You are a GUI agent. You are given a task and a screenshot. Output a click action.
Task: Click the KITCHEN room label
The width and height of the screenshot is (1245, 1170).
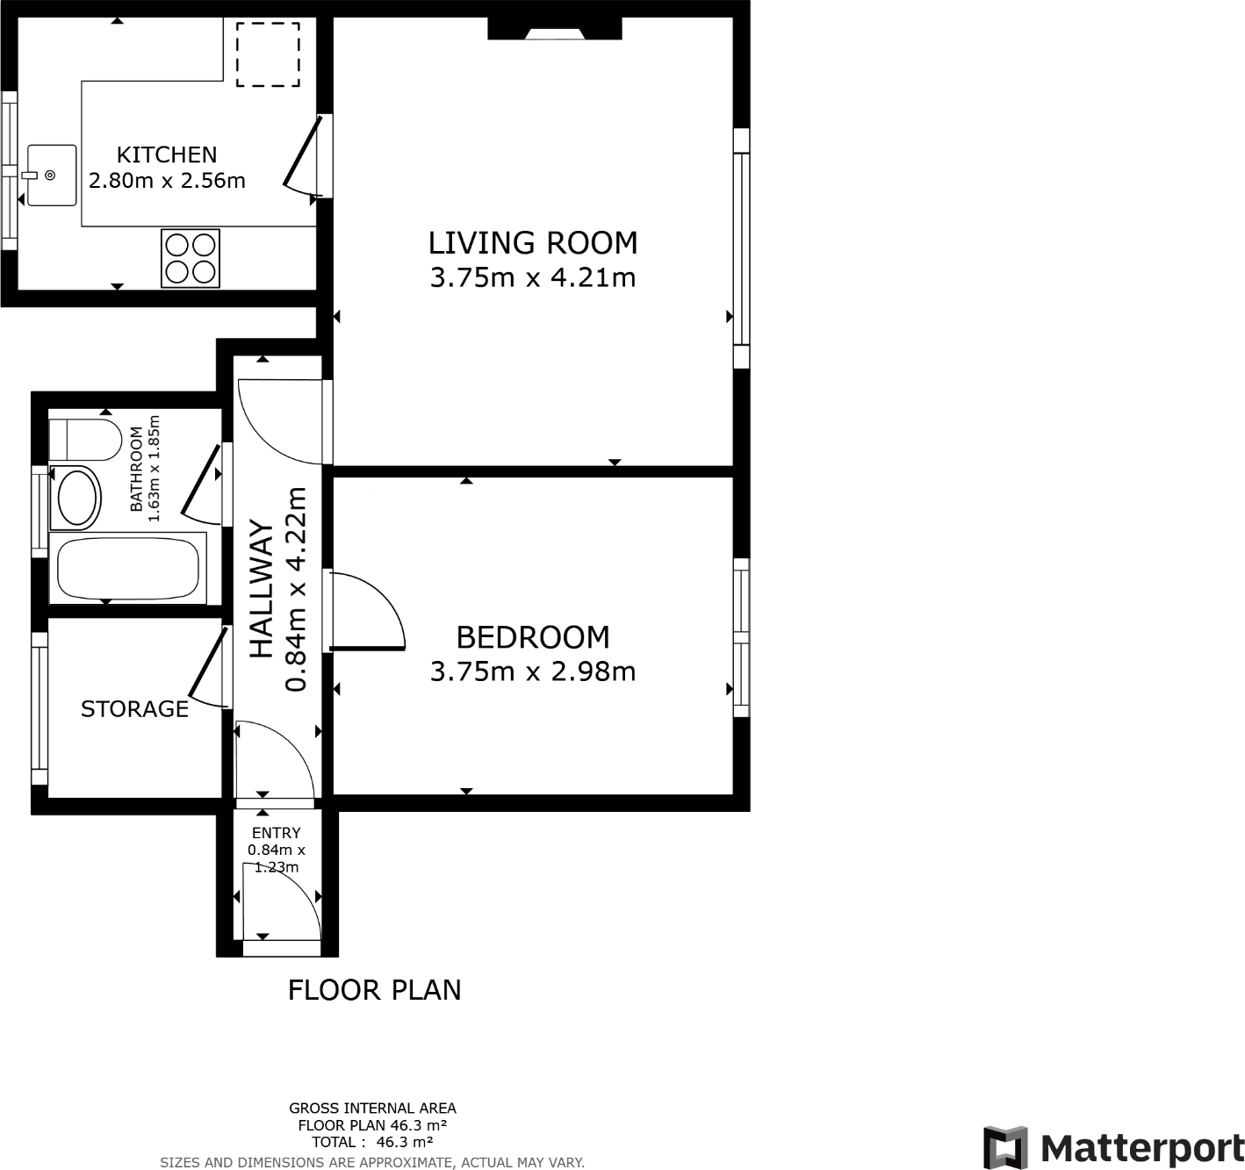167,154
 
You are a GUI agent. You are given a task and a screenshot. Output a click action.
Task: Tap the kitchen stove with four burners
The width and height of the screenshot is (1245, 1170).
190,257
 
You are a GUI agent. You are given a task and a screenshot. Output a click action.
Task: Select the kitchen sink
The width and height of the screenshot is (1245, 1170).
51,176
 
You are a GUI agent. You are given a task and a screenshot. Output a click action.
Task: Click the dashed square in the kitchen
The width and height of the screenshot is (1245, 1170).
268,54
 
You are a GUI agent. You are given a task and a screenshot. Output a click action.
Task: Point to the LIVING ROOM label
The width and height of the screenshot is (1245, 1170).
532,242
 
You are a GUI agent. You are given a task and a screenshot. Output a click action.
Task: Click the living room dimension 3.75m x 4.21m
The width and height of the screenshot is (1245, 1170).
532,277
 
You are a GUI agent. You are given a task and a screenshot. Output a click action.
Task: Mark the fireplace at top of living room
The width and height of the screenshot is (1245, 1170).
554,31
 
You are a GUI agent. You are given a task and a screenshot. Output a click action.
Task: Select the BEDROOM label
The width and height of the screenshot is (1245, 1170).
532,636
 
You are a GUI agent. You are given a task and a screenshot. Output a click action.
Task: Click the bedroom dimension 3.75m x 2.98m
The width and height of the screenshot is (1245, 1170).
532,671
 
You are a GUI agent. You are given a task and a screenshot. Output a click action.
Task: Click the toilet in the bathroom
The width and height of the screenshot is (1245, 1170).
85,440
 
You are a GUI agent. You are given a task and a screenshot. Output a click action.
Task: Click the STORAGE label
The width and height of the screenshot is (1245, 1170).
134,709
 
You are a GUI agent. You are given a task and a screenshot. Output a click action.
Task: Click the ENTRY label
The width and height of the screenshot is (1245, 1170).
276,833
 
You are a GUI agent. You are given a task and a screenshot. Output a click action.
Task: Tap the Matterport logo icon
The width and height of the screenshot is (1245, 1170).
1005,1147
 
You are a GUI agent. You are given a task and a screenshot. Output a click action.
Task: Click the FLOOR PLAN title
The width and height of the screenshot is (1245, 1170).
374,990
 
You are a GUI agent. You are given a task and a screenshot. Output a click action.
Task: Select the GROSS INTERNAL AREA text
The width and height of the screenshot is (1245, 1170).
372,1109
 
